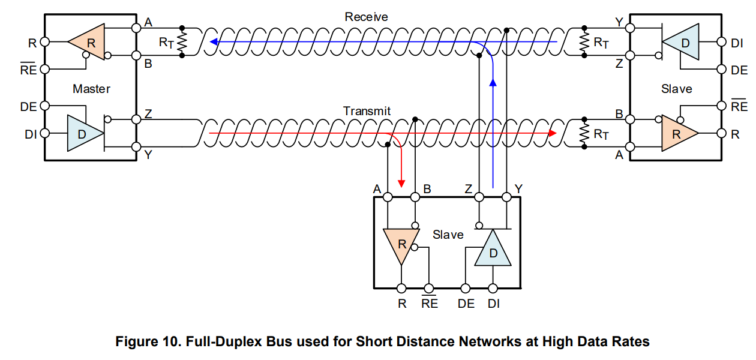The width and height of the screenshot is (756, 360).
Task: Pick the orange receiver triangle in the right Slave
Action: coord(677,134)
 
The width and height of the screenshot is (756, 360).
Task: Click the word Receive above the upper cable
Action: coord(366,17)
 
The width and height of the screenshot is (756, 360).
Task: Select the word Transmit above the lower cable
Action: coord(367,111)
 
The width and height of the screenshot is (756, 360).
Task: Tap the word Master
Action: coord(91,89)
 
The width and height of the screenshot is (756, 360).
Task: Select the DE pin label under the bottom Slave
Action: coord(466,304)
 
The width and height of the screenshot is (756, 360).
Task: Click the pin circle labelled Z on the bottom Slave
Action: coord(479,197)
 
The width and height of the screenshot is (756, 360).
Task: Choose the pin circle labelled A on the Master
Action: coord(136,28)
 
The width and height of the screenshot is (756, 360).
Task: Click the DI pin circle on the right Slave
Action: coord(722,42)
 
